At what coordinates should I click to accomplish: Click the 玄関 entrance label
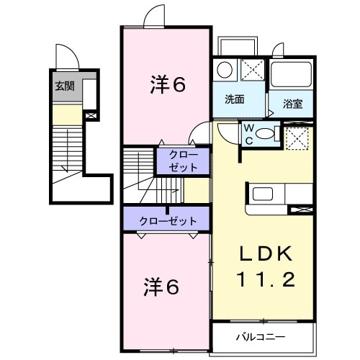pyautogui.click(x=65, y=86)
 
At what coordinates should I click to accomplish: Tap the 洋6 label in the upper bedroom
pyautogui.click(x=168, y=85)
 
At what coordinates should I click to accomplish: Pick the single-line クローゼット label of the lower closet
pyautogui.click(x=165, y=220)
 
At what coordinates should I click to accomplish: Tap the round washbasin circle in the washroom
pyautogui.click(x=225, y=70)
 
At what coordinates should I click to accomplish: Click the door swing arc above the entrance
pyautogui.click(x=64, y=55)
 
